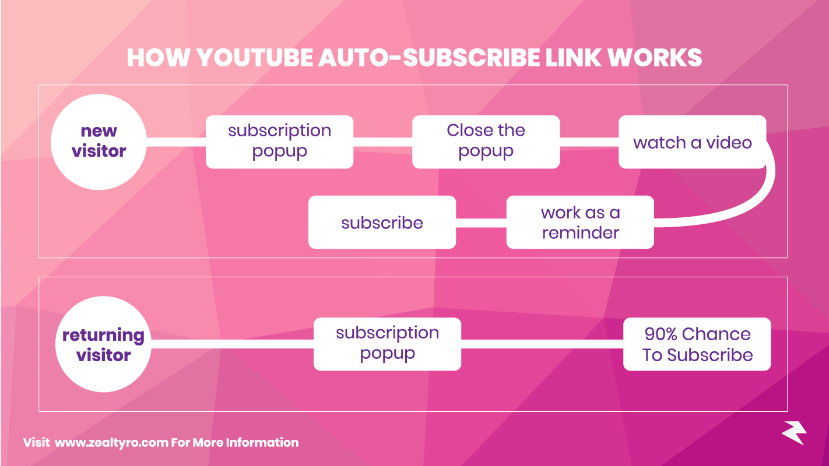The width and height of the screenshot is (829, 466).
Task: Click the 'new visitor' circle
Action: [99, 142]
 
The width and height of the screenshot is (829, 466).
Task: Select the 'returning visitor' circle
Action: [103, 344]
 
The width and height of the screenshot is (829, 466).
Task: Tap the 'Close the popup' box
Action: [486, 142]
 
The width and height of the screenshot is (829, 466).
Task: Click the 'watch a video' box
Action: [692, 142]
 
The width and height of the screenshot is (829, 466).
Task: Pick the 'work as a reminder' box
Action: [579, 222]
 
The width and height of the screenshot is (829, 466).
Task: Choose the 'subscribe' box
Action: [382, 222]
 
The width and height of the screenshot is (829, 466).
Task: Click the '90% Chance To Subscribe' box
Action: [697, 344]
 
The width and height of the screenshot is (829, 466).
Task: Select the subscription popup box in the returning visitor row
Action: [387, 344]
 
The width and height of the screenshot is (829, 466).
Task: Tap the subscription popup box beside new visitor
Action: [279, 142]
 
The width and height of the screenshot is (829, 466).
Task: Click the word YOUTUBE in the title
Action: [254, 58]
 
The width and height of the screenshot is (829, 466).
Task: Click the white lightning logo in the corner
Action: [793, 432]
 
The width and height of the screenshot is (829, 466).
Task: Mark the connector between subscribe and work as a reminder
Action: [481, 223]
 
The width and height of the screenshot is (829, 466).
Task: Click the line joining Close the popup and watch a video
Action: [589, 142]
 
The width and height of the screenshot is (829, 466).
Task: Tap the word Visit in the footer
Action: [36, 443]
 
